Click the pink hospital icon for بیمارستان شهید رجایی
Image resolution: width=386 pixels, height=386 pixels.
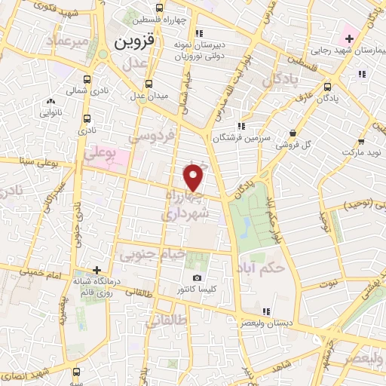pos(349,37)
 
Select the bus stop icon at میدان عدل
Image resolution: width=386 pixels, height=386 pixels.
pos(149,83)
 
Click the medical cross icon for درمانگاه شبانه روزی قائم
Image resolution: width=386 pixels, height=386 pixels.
pos(96,269)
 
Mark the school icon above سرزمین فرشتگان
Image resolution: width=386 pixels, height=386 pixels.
pos(241,126)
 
